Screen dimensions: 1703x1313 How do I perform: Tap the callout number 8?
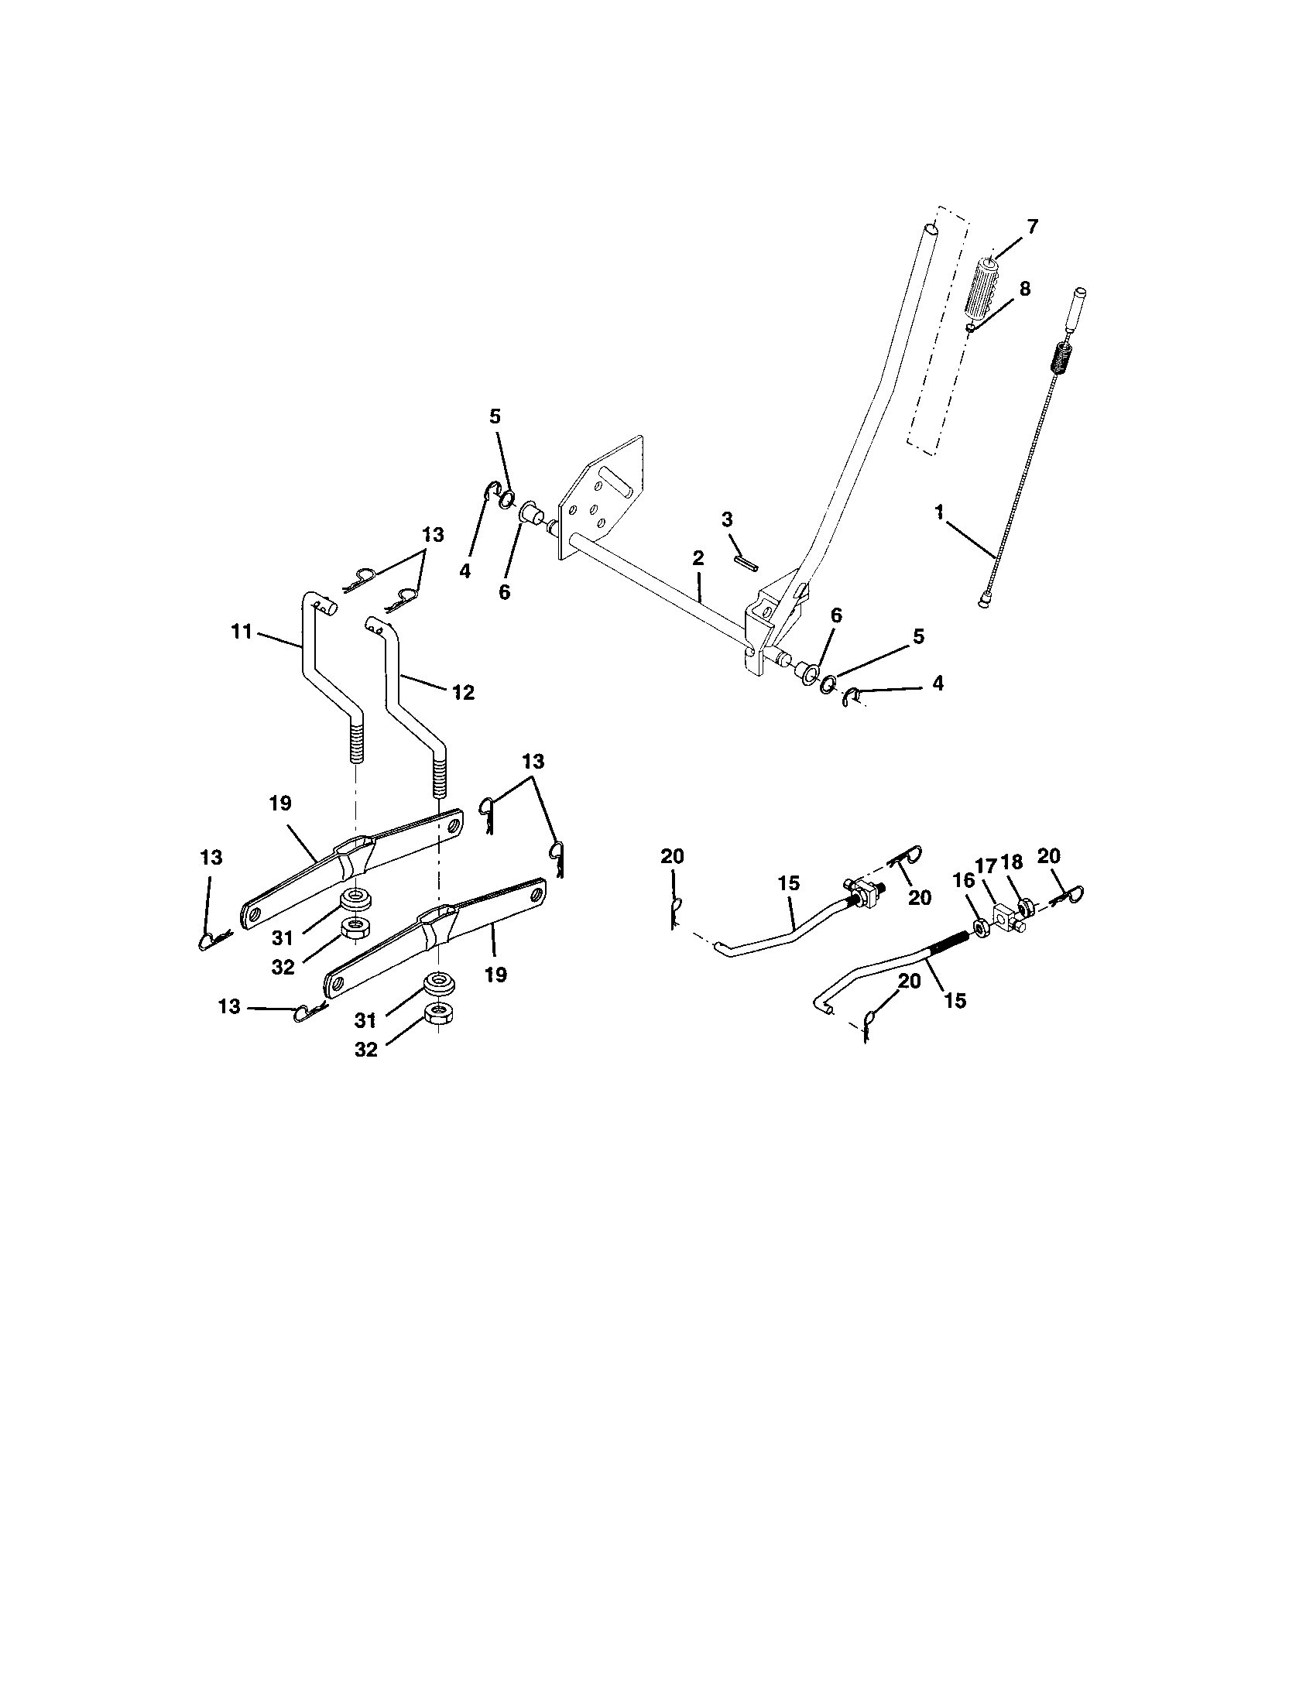[1023, 289]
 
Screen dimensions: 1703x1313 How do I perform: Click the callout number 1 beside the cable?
[940, 512]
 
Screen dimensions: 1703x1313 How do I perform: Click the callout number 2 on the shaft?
[697, 557]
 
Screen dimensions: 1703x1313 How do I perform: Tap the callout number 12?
[463, 693]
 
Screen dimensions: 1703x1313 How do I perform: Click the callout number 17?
[986, 865]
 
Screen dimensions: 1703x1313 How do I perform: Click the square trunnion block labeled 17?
[1006, 913]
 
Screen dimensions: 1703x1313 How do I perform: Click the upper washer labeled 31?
[355, 898]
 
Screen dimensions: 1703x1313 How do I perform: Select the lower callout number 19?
[496, 974]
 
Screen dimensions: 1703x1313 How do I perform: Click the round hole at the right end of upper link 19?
[455, 822]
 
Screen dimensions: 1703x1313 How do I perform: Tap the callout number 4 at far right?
[938, 683]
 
